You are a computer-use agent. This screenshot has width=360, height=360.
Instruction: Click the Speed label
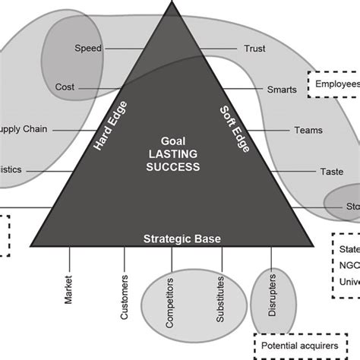point(88,49)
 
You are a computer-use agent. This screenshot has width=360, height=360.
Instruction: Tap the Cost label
point(65,87)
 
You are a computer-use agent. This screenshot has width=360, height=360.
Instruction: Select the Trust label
point(254,49)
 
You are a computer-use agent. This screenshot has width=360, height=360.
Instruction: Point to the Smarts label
point(282,90)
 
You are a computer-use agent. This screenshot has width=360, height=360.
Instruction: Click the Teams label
point(308,130)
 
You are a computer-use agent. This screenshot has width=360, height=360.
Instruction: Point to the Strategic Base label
point(182,238)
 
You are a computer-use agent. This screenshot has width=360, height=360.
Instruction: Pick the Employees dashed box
point(334,84)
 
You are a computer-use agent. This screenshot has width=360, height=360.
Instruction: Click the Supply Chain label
point(23,129)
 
